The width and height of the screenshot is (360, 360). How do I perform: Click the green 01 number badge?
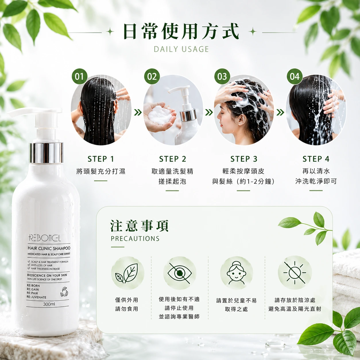click(x=80, y=76)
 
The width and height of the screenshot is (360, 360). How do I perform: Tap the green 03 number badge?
click(x=222, y=76)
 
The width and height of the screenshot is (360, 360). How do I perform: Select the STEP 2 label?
click(x=173, y=159)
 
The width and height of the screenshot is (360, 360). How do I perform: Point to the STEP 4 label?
click(x=316, y=159)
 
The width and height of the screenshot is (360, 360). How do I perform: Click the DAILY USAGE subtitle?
click(x=181, y=49)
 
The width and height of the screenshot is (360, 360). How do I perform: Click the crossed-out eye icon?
click(x=179, y=273)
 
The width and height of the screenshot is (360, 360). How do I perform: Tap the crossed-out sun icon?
click(x=295, y=273)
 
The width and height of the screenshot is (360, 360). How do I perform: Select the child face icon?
click(x=237, y=273)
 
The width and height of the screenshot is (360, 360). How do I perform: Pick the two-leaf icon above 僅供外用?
click(x=127, y=273)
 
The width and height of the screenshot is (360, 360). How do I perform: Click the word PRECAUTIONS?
click(x=135, y=239)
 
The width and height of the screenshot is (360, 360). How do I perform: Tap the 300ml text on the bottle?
click(x=49, y=304)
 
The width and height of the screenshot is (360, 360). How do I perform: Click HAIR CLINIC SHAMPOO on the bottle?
click(x=49, y=248)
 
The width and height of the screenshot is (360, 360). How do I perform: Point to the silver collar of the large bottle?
click(x=46, y=153)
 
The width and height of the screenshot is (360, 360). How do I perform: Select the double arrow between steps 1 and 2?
click(x=138, y=112)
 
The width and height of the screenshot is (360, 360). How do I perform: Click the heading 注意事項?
click(x=139, y=226)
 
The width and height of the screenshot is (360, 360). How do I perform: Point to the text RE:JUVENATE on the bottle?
click(x=36, y=297)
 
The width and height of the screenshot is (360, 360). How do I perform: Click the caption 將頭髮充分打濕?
click(x=101, y=171)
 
